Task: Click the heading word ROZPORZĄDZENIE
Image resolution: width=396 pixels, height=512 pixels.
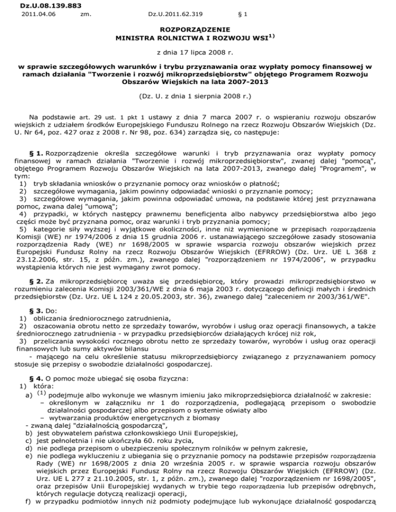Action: pyautogui.click(x=198, y=30)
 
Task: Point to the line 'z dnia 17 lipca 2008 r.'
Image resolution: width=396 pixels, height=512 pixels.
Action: pyautogui.click(x=198, y=52)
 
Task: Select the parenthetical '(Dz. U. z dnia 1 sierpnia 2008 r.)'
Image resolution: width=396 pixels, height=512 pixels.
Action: pyautogui.click(x=198, y=96)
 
